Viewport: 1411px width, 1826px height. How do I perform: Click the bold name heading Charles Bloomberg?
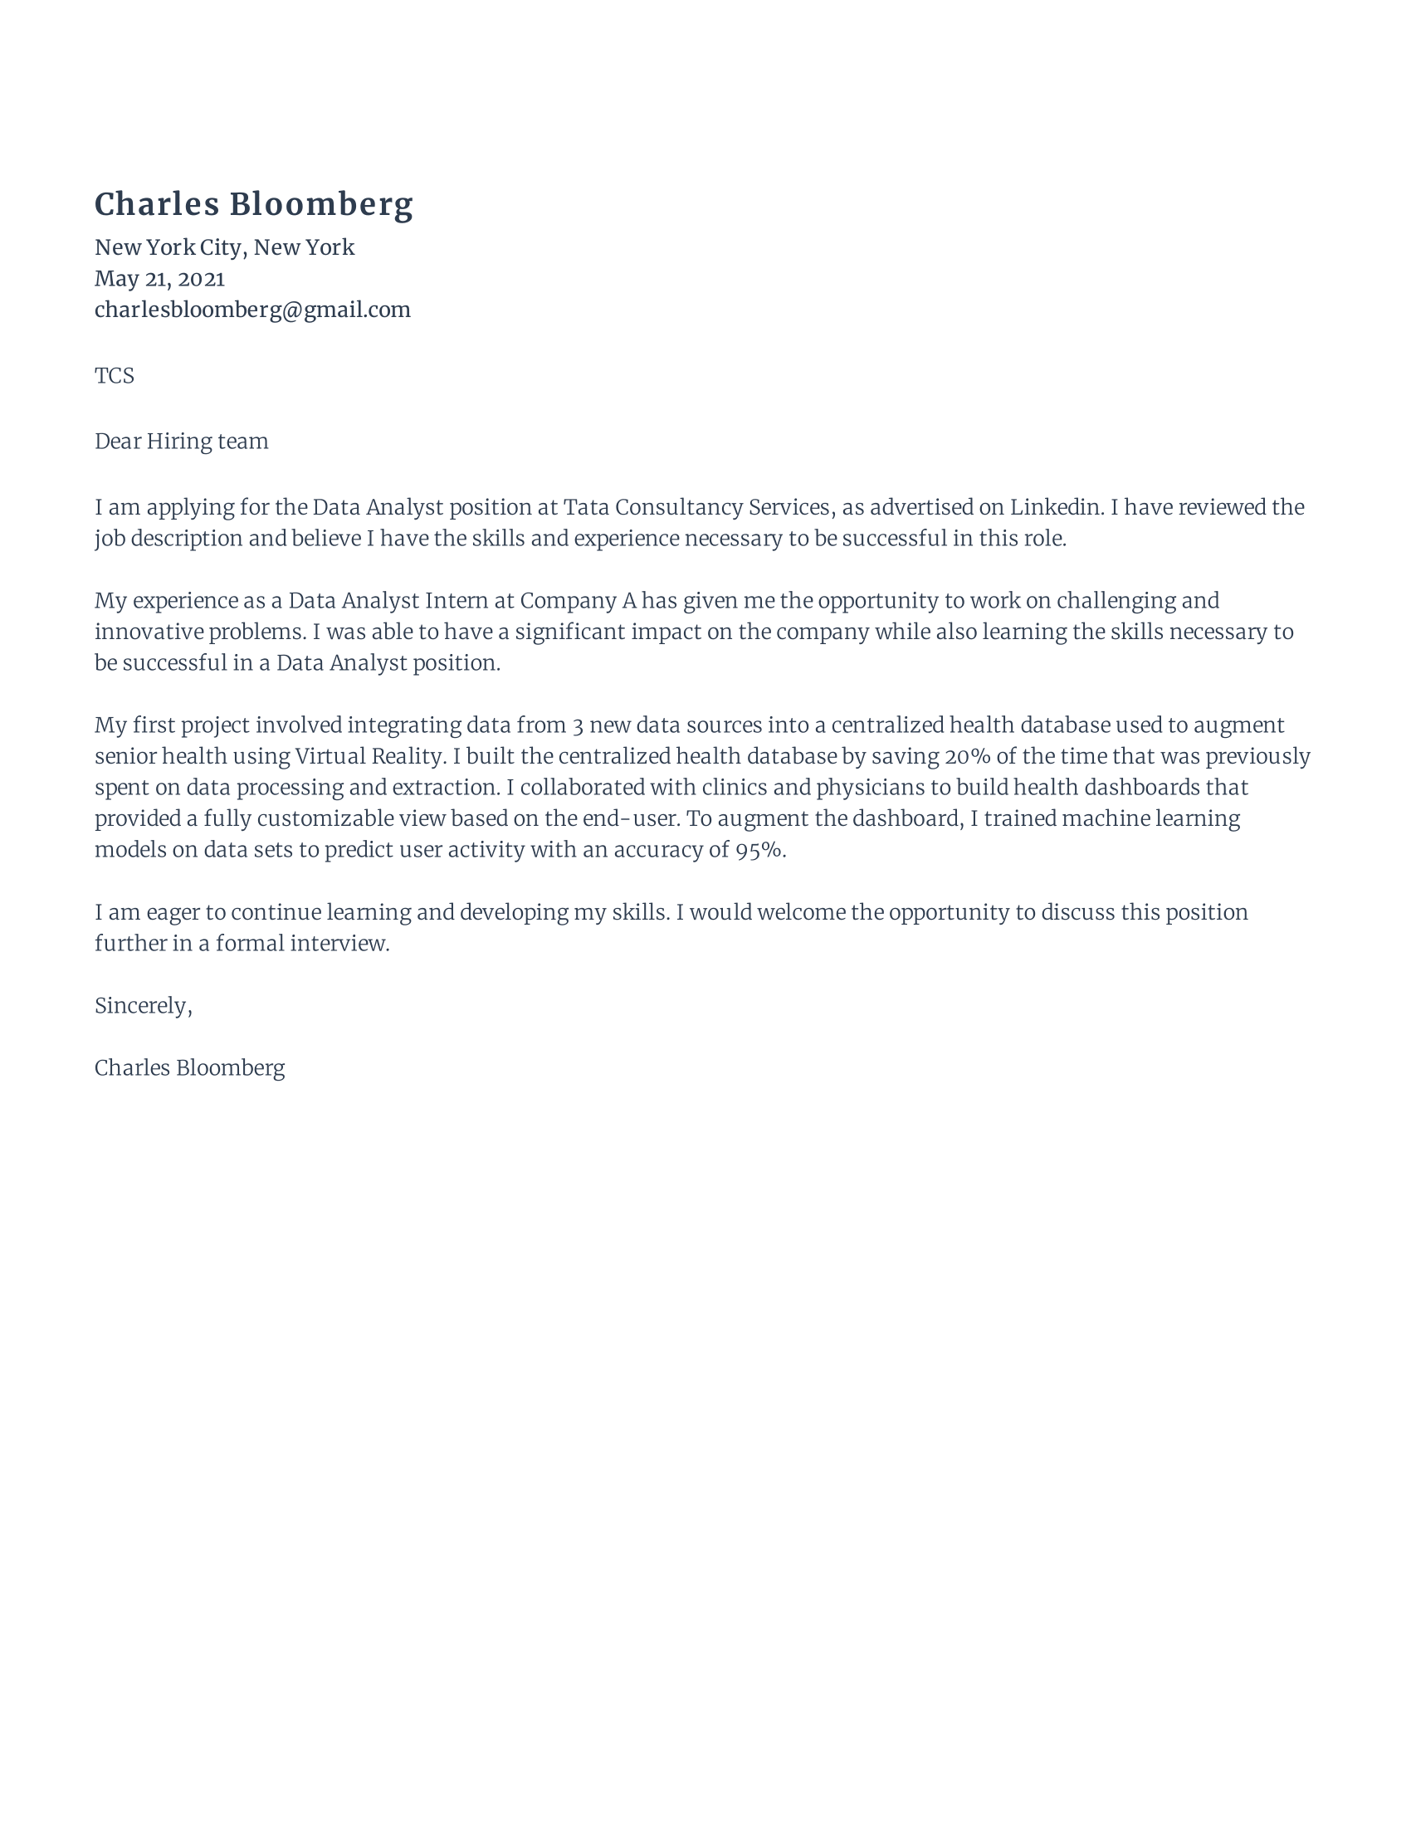(253, 205)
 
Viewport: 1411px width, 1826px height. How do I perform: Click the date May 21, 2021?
(159, 278)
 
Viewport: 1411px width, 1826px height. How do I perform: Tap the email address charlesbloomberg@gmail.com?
(252, 310)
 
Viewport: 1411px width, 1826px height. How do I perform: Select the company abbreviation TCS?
(115, 375)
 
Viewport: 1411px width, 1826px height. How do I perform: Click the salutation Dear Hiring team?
(182, 442)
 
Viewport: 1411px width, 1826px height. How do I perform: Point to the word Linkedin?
(1055, 507)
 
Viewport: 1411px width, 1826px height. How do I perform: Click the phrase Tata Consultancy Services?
(696, 507)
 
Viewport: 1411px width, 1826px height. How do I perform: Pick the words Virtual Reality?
(369, 757)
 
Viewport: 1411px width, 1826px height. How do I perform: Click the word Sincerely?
(142, 1006)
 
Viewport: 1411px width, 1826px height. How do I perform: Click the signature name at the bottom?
(190, 1068)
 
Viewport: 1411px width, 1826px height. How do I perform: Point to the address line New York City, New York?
(225, 247)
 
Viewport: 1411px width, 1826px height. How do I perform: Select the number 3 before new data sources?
(578, 725)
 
